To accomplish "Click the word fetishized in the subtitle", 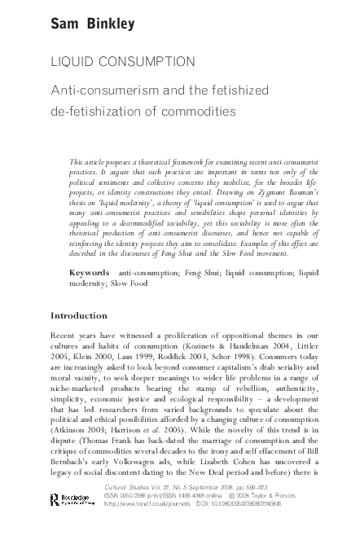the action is (230, 91).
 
